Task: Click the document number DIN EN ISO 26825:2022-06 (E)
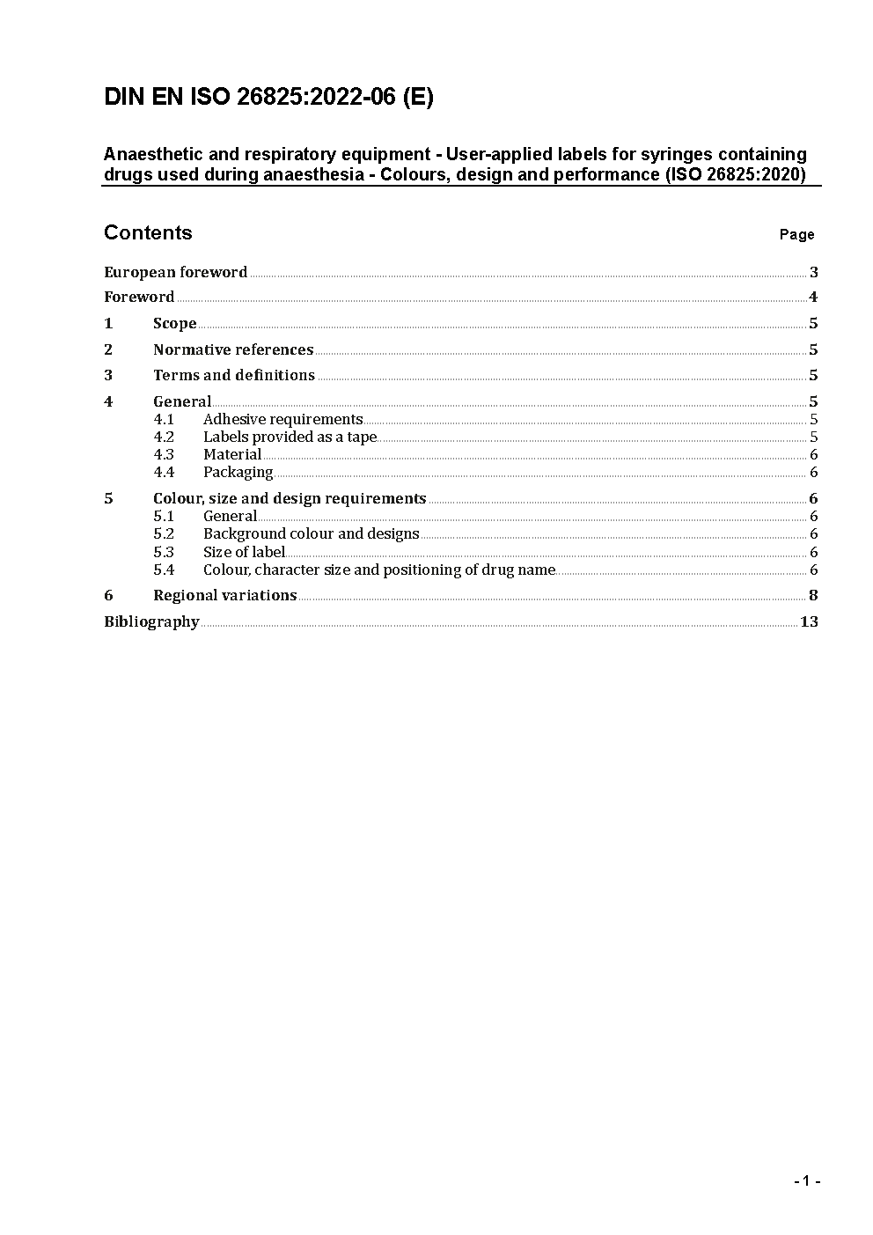click(x=268, y=97)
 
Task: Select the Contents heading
click(x=148, y=232)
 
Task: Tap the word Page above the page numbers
click(x=796, y=234)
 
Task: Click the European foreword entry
click(x=175, y=272)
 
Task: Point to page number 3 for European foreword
click(x=814, y=272)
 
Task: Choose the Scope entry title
click(x=174, y=324)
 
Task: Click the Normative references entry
click(x=233, y=349)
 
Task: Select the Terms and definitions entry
click(x=234, y=375)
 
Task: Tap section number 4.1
click(x=164, y=419)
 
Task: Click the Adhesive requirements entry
click(x=282, y=419)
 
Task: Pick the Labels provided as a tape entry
click(x=290, y=437)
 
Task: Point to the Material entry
click(x=232, y=454)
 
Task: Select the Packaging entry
click(x=238, y=472)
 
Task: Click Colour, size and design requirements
click(x=290, y=498)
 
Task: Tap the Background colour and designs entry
click(x=311, y=533)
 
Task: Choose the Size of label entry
click(x=244, y=552)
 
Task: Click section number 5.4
click(x=164, y=570)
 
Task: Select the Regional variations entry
click(x=224, y=595)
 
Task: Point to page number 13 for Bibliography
click(x=809, y=621)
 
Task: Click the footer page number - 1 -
click(x=807, y=1180)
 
